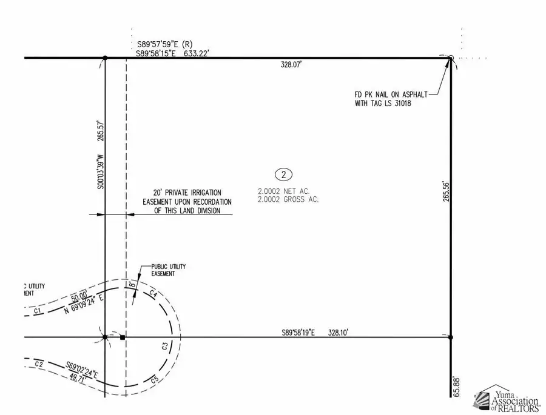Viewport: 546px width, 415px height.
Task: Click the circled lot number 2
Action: pos(283,175)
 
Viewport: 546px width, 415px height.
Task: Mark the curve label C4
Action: pos(153,295)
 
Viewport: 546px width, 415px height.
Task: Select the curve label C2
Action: pos(39,364)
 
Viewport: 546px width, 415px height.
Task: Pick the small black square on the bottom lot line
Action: pos(122,337)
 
